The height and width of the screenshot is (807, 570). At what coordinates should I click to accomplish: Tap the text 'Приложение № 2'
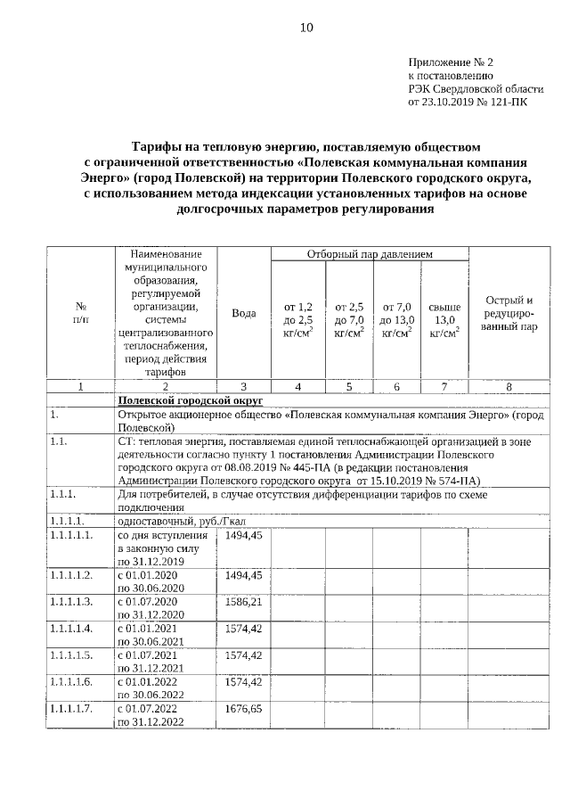point(450,63)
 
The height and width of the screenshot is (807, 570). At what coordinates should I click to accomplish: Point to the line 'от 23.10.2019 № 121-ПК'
point(468,103)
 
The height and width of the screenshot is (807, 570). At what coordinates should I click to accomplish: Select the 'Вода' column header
point(244,313)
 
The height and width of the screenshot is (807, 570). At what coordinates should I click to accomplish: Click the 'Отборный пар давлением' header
point(370,255)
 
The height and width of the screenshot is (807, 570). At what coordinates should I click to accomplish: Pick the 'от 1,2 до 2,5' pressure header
point(297,320)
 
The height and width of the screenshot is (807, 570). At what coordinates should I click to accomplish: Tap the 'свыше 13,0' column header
point(444,320)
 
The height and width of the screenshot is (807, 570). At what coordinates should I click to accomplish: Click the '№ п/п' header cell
point(81,313)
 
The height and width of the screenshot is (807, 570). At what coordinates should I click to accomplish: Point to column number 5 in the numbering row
point(348,386)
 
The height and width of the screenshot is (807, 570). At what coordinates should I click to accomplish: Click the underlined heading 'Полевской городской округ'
point(184,401)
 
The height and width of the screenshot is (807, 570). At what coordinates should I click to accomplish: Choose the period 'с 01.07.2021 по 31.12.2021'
point(150,662)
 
